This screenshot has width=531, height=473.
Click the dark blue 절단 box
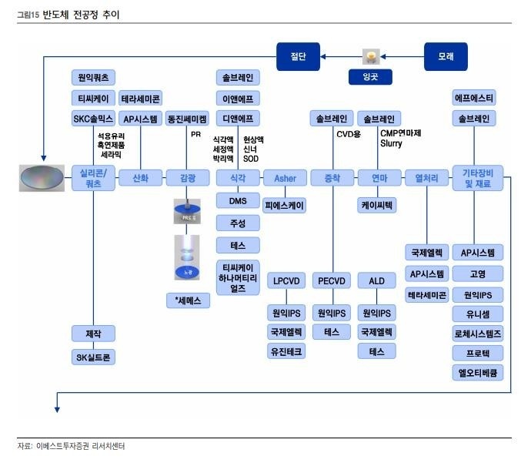coord(299,55)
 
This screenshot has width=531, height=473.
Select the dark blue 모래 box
coord(446,55)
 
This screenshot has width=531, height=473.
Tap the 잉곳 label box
coord(371,77)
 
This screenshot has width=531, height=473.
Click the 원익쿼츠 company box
coord(93,77)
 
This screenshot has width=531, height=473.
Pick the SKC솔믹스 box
coord(93,119)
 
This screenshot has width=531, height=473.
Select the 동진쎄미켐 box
coord(187,119)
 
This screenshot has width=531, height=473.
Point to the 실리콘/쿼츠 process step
coord(93,178)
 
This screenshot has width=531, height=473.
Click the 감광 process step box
coord(187,178)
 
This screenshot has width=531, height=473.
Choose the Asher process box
coord(285,178)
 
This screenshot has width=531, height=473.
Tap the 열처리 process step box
coord(426,178)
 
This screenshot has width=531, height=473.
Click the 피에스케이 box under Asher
coord(285,206)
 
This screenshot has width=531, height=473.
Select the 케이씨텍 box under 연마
coord(377,206)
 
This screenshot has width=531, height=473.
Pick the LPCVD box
coord(285,280)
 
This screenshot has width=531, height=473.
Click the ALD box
coord(377,280)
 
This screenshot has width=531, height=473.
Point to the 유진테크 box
coord(285,351)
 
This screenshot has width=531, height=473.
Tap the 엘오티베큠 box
coord(478,373)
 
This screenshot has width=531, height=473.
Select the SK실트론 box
coord(93,357)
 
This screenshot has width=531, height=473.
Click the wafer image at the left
coord(42,178)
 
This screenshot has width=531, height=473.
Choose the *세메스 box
coord(187,301)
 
